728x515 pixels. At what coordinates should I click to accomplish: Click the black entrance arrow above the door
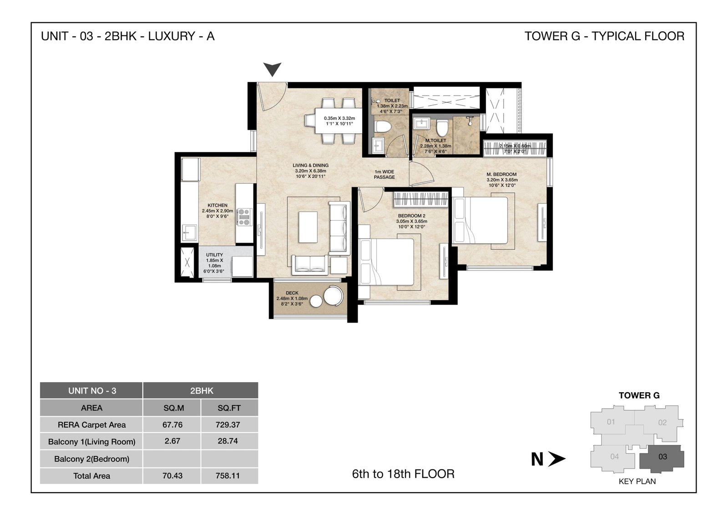pyautogui.click(x=272, y=69)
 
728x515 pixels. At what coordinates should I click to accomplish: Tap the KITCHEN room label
pyautogui.click(x=217, y=205)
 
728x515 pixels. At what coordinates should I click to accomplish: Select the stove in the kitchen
pyautogui.click(x=244, y=217)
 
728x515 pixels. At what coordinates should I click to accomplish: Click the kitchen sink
pyautogui.click(x=189, y=232)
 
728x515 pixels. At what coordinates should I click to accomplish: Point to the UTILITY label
pyautogui.click(x=214, y=255)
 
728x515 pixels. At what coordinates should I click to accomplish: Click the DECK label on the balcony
pyautogui.click(x=292, y=293)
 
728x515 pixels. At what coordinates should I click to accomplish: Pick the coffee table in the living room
pyautogui.click(x=308, y=227)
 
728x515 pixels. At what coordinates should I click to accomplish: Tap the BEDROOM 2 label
pyautogui.click(x=411, y=216)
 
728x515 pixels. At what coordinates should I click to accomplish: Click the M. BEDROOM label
pyautogui.click(x=501, y=175)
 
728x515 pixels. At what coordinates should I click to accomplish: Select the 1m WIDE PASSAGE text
pyautogui.click(x=384, y=175)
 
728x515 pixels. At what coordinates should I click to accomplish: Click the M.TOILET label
pyautogui.click(x=435, y=141)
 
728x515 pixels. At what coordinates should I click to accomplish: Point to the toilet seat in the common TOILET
pyautogui.click(x=382, y=126)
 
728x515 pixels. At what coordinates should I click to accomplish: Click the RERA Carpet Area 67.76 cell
pyautogui.click(x=172, y=424)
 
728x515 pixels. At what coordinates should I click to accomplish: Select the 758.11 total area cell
pyautogui.click(x=227, y=476)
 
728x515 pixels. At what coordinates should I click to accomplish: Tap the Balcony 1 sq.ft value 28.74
pyautogui.click(x=227, y=441)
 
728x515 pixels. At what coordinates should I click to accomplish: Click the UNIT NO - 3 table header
pyautogui.click(x=91, y=390)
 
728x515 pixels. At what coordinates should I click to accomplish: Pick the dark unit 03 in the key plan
pyautogui.click(x=662, y=459)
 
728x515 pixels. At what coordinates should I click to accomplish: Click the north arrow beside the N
pyautogui.click(x=556, y=459)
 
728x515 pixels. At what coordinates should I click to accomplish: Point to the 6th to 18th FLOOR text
pyautogui.click(x=403, y=474)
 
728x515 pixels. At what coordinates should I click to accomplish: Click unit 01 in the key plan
pyautogui.click(x=612, y=421)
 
